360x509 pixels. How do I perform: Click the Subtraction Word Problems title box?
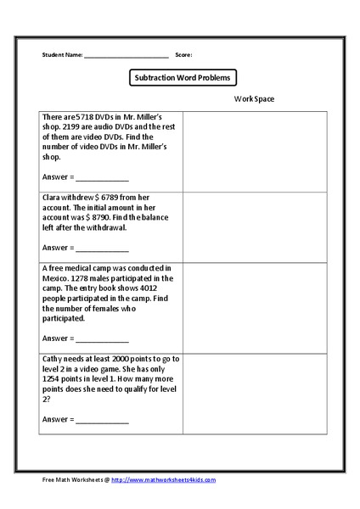coord(180,77)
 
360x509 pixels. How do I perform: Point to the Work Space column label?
coord(255,99)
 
